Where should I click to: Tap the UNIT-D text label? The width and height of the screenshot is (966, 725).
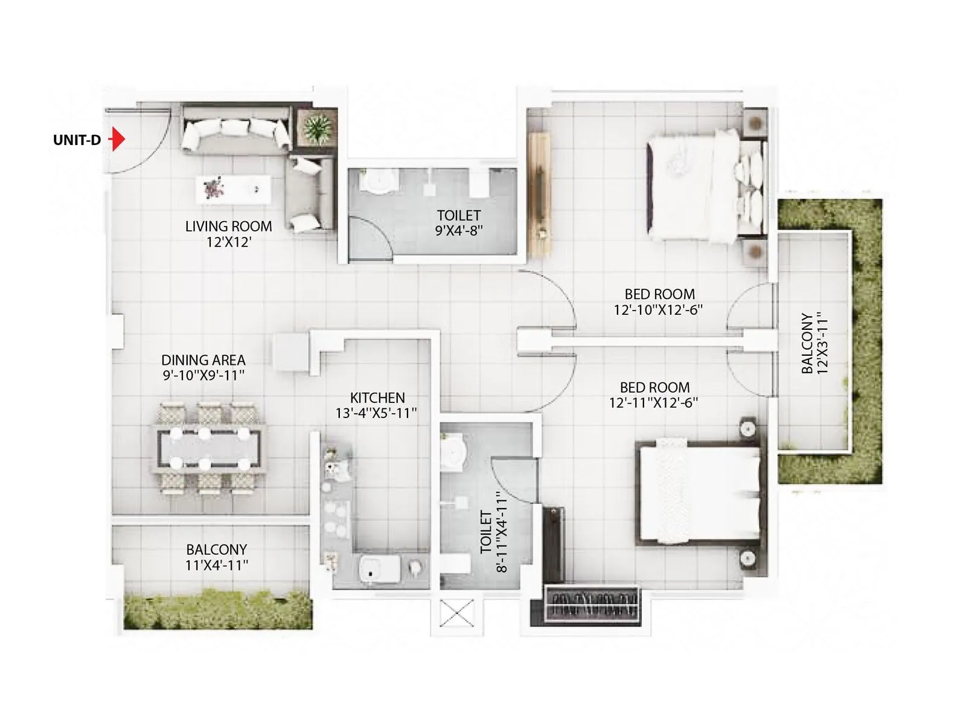77,140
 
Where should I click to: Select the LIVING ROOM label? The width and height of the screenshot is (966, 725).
228,226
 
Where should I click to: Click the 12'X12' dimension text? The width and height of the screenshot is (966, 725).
228,242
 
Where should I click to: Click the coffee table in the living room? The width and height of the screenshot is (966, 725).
233,188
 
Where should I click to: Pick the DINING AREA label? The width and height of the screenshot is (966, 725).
203,359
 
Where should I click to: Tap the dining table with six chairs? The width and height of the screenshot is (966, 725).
208,448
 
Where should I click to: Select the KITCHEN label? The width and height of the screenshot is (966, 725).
377,398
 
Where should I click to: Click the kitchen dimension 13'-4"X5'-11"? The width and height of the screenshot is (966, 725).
377,413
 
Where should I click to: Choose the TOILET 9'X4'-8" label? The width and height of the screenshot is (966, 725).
459,222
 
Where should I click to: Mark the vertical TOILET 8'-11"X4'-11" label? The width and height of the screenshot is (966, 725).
493,532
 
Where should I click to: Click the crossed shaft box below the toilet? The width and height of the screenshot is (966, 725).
456,613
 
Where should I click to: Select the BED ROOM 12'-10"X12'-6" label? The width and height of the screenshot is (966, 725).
659,301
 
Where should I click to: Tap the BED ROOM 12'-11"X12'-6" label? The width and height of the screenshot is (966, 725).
654,395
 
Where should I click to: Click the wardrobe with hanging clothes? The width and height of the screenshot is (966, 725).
591,604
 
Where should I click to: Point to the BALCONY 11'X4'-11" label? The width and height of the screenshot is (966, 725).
216,557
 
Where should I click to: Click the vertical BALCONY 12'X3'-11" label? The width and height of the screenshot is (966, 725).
814,343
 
